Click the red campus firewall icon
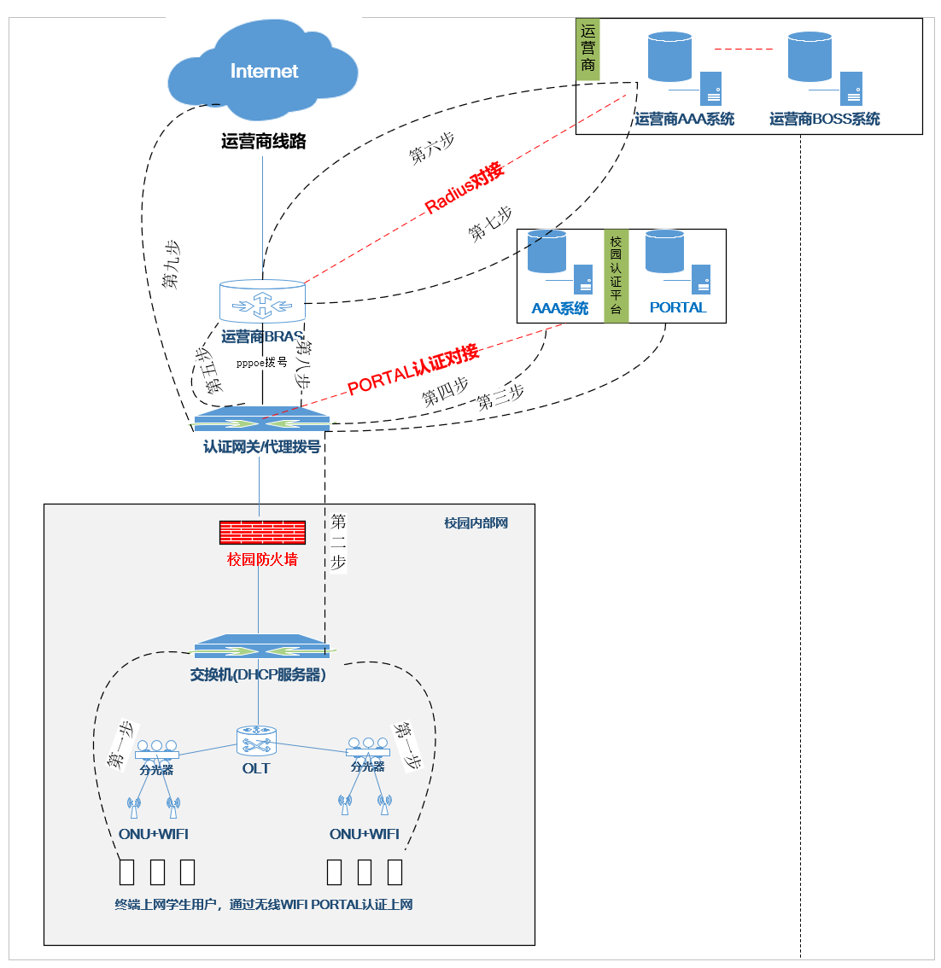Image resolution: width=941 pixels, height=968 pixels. click(x=262, y=533)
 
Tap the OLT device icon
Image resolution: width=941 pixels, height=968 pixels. click(x=256, y=740)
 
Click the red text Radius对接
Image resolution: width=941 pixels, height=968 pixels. click(x=465, y=187)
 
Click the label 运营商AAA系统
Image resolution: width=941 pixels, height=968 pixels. click(x=684, y=120)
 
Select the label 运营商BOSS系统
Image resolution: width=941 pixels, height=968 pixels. click(x=824, y=120)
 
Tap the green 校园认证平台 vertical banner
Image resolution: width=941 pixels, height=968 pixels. click(x=616, y=276)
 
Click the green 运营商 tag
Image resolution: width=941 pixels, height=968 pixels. click(x=587, y=50)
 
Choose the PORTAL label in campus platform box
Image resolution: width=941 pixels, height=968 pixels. click(x=678, y=308)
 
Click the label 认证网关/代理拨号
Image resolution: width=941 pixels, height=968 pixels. click(x=261, y=446)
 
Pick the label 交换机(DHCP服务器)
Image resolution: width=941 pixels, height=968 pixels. click(x=258, y=675)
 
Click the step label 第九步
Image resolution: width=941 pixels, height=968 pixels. click(x=172, y=264)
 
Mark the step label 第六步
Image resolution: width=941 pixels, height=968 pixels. click(x=431, y=149)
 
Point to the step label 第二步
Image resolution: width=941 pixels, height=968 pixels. click(x=338, y=541)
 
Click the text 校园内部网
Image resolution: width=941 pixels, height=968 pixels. click(x=476, y=523)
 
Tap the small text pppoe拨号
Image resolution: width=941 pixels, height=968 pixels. click(x=261, y=363)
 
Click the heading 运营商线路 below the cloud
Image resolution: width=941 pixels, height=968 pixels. click(x=263, y=142)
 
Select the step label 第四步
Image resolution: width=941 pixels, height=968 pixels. click(x=445, y=391)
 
